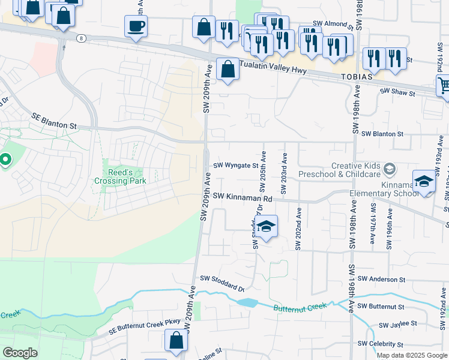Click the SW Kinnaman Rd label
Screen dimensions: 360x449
(243, 197)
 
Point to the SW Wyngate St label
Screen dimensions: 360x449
(235, 165)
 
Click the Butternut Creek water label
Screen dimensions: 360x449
(300, 307)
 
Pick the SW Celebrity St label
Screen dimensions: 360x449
(380, 344)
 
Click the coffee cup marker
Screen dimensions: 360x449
(136, 26)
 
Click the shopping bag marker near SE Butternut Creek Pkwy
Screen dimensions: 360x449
(176, 340)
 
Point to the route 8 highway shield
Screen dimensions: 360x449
(80, 38)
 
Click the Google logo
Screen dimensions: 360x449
(20, 353)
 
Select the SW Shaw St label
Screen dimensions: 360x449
(397, 93)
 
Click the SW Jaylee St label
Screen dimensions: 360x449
(397, 324)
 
